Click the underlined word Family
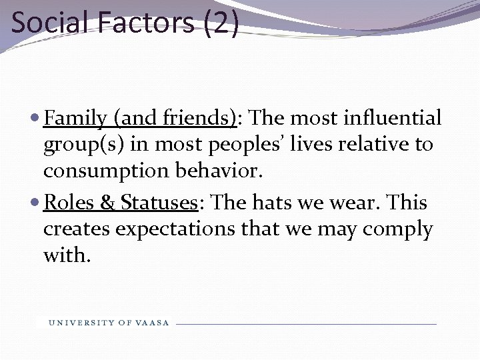[x=75, y=119]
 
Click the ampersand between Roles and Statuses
[x=109, y=203]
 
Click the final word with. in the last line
[x=65, y=255]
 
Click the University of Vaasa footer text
[x=109, y=323]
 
